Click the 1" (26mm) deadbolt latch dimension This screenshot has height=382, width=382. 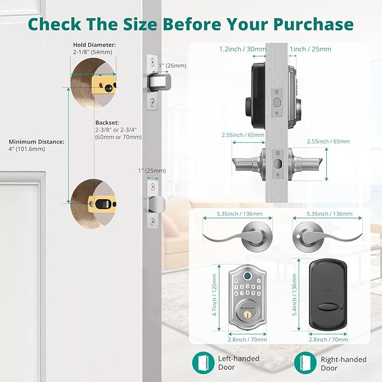click(x=172, y=65)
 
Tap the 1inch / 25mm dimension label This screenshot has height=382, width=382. click(x=310, y=50)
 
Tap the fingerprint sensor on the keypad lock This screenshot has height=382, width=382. click(x=246, y=277)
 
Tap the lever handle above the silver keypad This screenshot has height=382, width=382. click(x=244, y=235)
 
